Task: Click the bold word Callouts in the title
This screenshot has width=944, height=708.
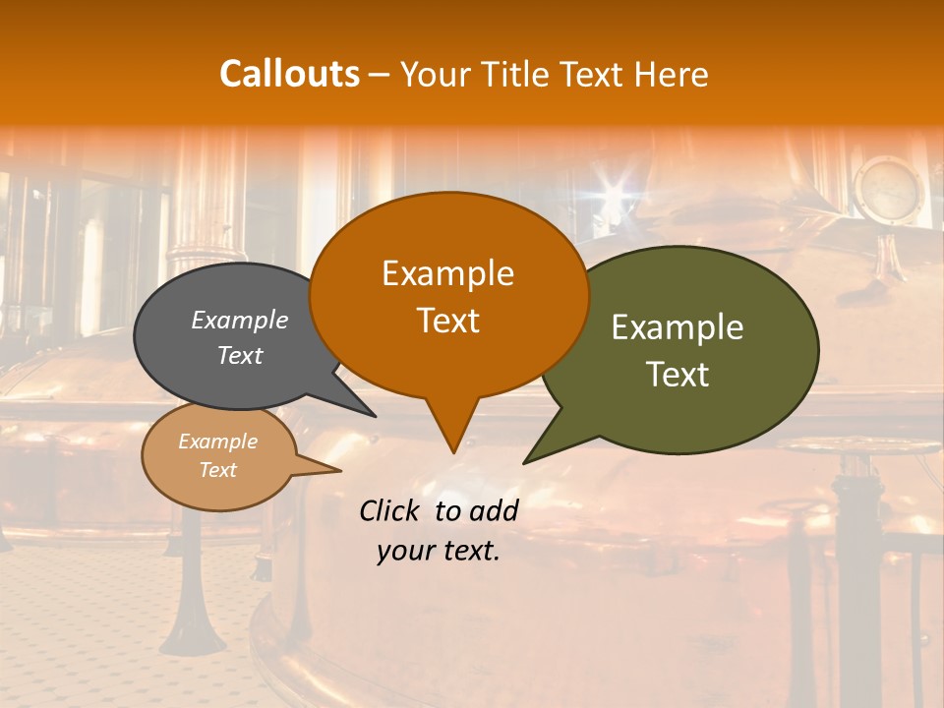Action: click(x=289, y=74)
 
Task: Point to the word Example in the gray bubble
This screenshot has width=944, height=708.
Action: click(x=240, y=320)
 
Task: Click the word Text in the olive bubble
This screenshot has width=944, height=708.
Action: click(x=678, y=375)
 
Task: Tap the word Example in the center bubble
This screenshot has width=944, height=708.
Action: click(x=448, y=273)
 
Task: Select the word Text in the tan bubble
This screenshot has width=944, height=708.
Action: click(x=218, y=470)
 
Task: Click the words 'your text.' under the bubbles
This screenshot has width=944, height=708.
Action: click(x=439, y=551)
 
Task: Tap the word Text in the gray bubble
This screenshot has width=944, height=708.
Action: click(x=240, y=355)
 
